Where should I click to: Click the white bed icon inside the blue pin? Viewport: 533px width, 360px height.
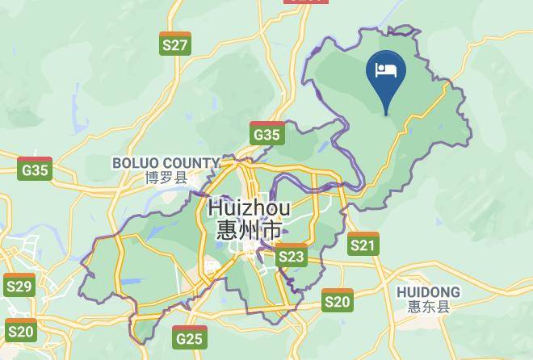(x=386, y=69)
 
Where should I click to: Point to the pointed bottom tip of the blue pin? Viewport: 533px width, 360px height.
(x=386, y=115)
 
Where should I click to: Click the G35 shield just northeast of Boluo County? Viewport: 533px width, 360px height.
(x=267, y=134)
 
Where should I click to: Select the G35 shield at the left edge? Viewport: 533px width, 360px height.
(x=35, y=170)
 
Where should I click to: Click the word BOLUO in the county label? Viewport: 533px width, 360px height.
(x=139, y=163)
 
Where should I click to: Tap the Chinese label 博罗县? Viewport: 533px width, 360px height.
(x=166, y=178)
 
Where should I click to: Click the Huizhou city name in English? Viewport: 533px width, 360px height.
(x=250, y=207)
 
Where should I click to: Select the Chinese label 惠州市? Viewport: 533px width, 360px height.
(x=250, y=229)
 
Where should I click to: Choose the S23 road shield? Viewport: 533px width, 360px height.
(x=291, y=257)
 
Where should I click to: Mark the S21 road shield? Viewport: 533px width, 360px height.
(x=363, y=245)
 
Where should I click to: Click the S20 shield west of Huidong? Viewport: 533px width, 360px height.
(x=337, y=301)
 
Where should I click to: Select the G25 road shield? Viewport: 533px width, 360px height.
(x=189, y=337)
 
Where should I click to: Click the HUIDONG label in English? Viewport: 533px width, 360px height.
(x=429, y=292)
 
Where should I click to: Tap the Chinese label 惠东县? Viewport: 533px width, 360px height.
(x=429, y=307)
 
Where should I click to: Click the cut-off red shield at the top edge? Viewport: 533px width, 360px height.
(x=307, y=2)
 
